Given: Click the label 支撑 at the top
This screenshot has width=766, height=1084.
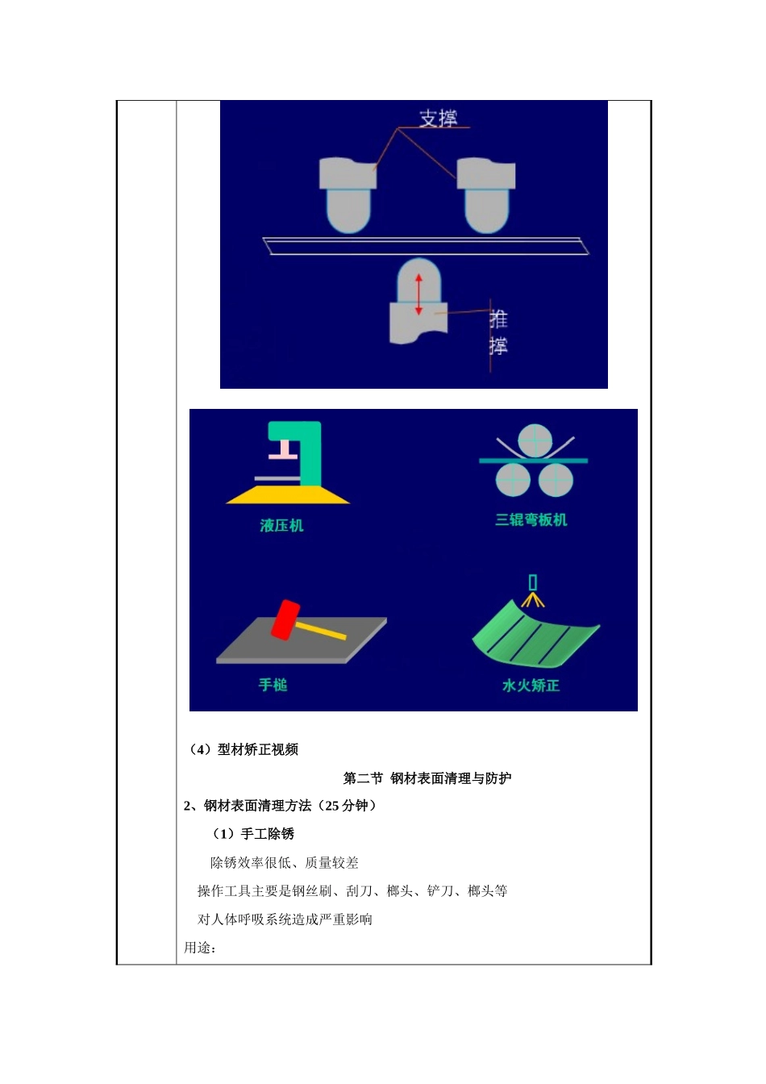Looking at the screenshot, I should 438,118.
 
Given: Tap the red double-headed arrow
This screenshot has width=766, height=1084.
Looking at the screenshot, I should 418,294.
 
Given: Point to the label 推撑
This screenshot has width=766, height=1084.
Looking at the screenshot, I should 498,332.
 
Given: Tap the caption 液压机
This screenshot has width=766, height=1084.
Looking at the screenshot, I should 281,525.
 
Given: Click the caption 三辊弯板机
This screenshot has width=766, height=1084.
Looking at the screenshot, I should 531,519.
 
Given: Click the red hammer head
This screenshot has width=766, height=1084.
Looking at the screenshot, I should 285,619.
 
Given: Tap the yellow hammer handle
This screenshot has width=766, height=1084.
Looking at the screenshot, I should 322,629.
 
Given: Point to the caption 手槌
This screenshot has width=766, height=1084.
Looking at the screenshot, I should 273,685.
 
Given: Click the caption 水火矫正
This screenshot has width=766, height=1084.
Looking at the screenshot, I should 531,685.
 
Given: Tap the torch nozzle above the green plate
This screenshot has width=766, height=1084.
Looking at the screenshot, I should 532,582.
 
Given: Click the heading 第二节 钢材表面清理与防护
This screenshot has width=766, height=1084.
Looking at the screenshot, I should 427,778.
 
